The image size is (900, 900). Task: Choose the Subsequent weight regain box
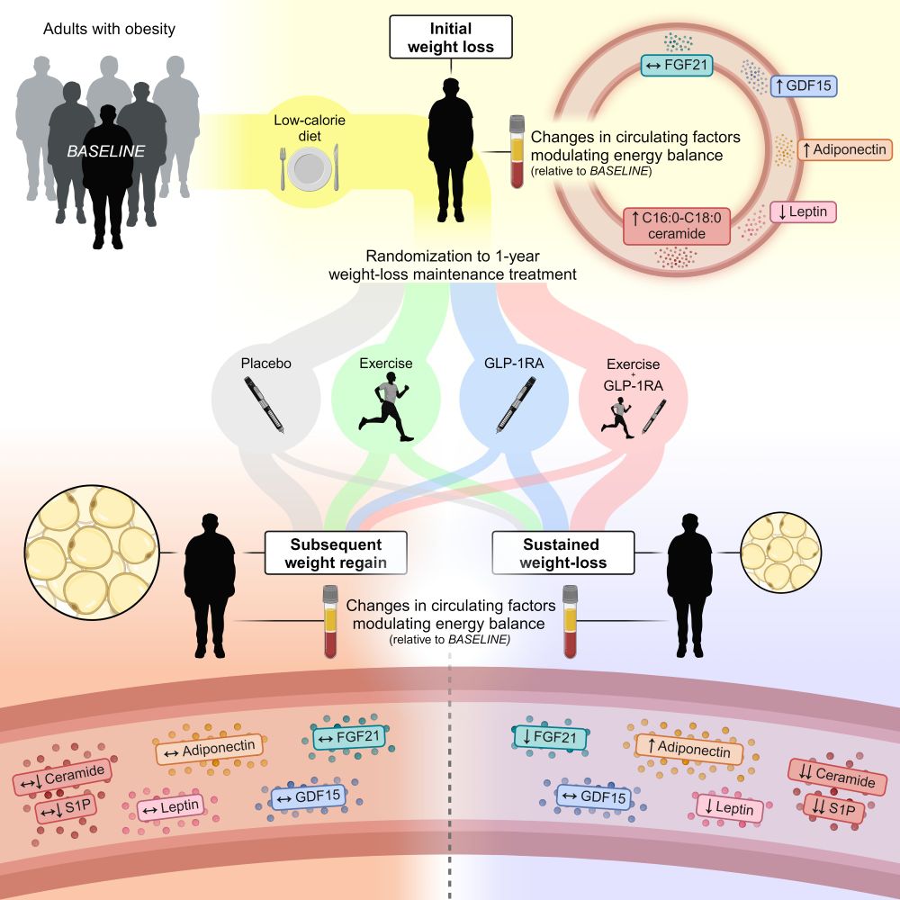click(x=336, y=553)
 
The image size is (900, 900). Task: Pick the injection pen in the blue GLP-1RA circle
click(x=514, y=407)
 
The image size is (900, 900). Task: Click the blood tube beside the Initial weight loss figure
click(x=517, y=150)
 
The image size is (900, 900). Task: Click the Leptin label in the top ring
click(x=803, y=211)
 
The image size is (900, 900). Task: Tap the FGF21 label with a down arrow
click(x=549, y=739)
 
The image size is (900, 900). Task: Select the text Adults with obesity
click(x=109, y=29)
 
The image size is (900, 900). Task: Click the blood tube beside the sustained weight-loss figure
click(x=569, y=621)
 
